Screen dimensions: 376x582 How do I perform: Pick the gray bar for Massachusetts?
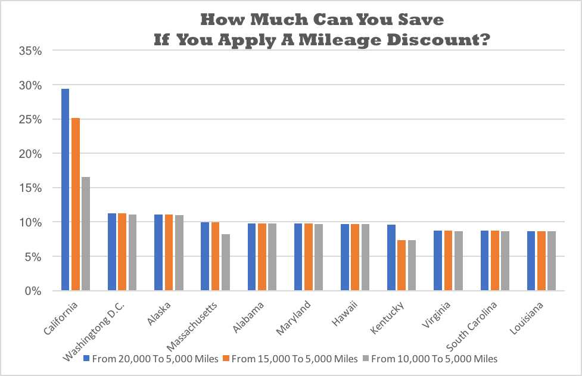(225, 262)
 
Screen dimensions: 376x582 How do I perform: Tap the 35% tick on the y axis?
(30, 51)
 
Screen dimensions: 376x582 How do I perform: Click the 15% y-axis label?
(30, 188)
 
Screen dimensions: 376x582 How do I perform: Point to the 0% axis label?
(33, 291)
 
